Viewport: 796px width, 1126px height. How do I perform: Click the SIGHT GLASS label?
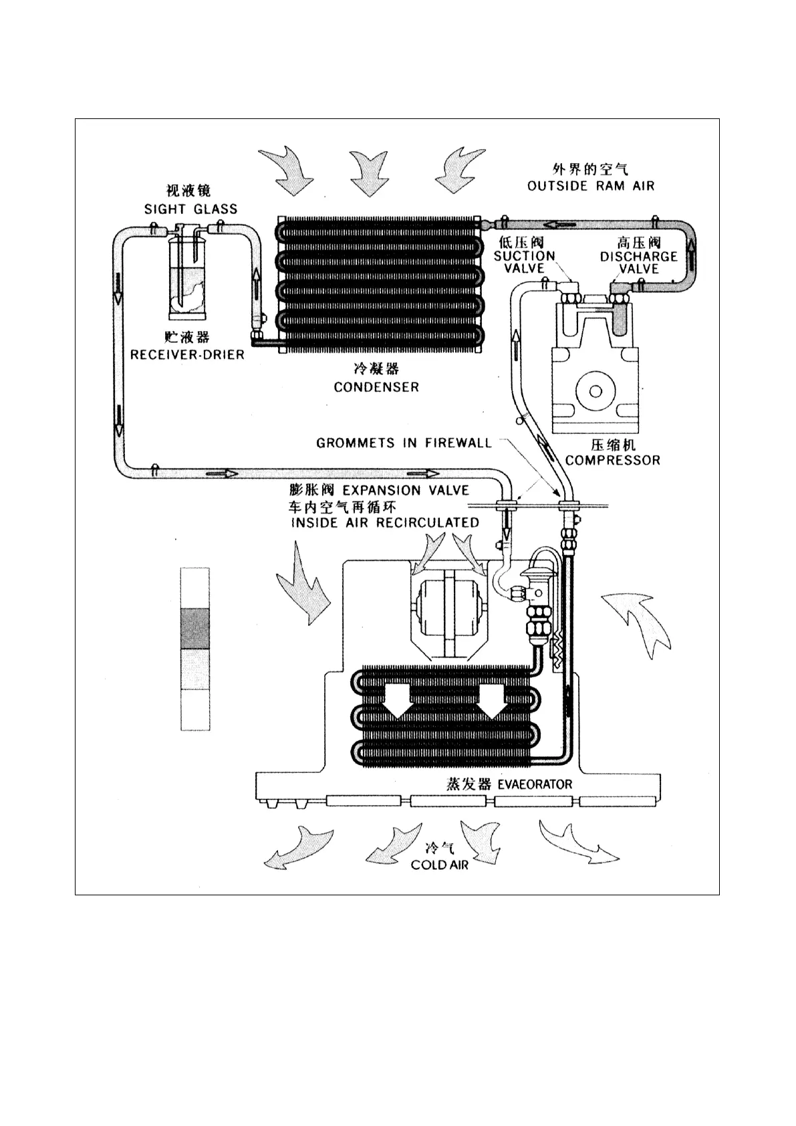[190, 209]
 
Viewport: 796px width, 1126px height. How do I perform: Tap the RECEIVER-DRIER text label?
[187, 354]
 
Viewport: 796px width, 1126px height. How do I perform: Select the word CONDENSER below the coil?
[376, 386]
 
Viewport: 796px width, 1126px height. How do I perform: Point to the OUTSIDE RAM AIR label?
[591, 186]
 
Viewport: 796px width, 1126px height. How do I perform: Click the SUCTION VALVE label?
[525, 261]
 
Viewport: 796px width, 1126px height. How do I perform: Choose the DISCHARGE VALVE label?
[638, 262]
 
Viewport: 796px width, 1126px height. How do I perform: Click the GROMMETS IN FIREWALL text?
[404, 443]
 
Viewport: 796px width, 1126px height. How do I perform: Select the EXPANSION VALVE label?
[406, 490]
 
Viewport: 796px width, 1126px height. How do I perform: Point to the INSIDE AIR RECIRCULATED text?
[385, 523]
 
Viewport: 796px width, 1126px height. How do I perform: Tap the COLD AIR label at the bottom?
[439, 865]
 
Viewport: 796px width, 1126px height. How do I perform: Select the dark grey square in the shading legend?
[195, 629]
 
